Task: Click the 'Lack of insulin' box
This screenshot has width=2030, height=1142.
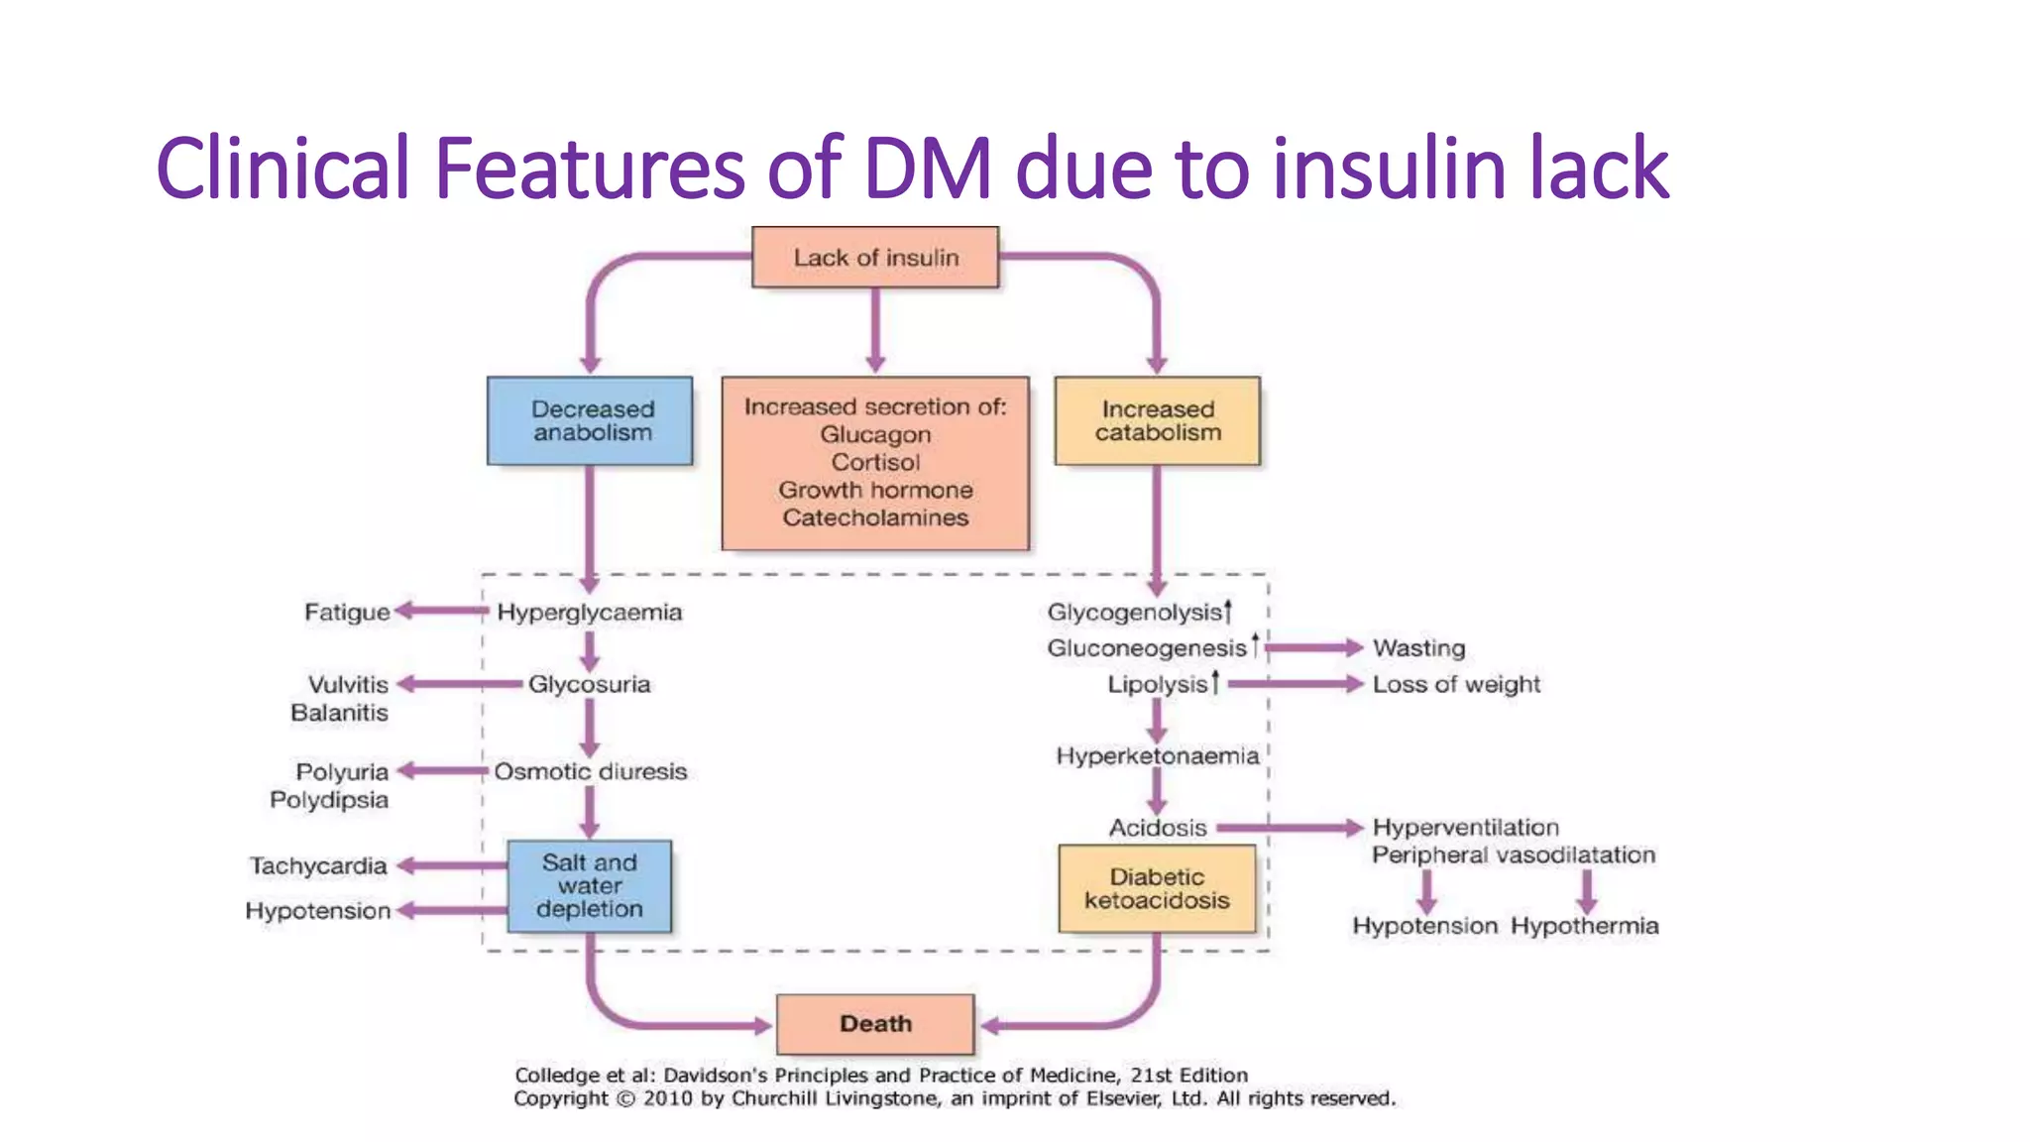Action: point(875,258)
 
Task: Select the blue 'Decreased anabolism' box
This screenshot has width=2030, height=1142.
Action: point(591,421)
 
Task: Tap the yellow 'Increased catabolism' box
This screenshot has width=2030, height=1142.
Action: point(1158,421)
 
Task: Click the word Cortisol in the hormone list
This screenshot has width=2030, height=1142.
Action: point(875,462)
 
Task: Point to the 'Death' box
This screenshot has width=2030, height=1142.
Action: point(875,1024)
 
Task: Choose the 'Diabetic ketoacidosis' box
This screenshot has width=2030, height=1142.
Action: point(1157,889)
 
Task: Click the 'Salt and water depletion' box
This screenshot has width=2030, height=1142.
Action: point(590,886)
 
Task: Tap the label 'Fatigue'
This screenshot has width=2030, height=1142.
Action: point(347,613)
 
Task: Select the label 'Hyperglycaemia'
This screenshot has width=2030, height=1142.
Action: point(590,613)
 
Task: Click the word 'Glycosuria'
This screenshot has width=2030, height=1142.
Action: point(590,685)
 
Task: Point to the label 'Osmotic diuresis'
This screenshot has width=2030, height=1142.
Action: point(591,772)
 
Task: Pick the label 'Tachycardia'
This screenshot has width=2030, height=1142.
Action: point(318,866)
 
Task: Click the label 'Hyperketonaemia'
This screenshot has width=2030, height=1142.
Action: point(1157,756)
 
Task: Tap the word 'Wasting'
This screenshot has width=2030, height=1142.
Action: point(1418,648)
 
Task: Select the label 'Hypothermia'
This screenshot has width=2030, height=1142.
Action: point(1584,926)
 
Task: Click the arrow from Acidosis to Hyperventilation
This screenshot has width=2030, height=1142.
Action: point(1289,828)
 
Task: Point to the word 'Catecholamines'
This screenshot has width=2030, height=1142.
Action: point(875,517)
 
